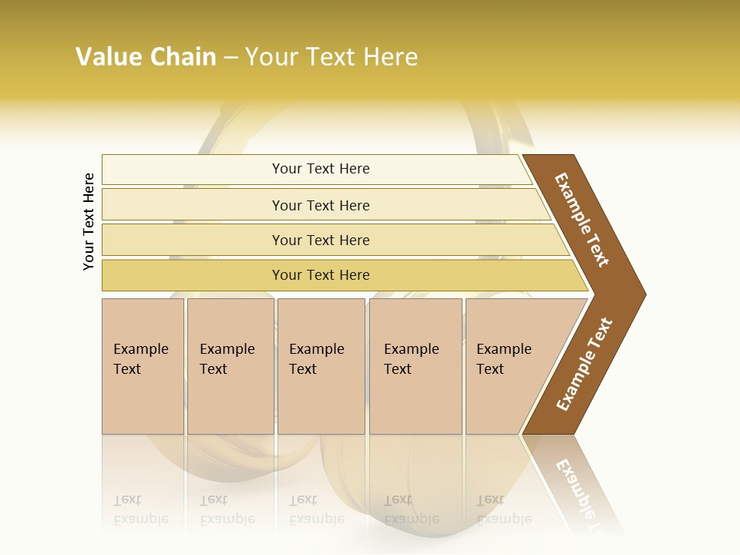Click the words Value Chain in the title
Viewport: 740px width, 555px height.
pyautogui.click(x=146, y=57)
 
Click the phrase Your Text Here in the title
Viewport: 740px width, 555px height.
pyautogui.click(x=331, y=57)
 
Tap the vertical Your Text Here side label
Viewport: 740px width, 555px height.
pyautogui.click(x=89, y=221)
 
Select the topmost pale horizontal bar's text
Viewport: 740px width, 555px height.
pyautogui.click(x=321, y=169)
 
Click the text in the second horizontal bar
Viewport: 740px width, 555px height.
pyautogui.click(x=321, y=206)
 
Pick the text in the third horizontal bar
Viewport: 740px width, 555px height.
pyautogui.click(x=321, y=240)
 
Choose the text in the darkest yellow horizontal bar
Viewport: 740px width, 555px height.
pyautogui.click(x=321, y=275)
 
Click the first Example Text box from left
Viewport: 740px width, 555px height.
pyautogui.click(x=142, y=359)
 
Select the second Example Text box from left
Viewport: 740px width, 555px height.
pyautogui.click(x=228, y=359)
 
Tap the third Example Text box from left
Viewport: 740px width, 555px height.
pyautogui.click(x=318, y=359)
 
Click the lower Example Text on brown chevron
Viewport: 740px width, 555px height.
pyautogui.click(x=585, y=365)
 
